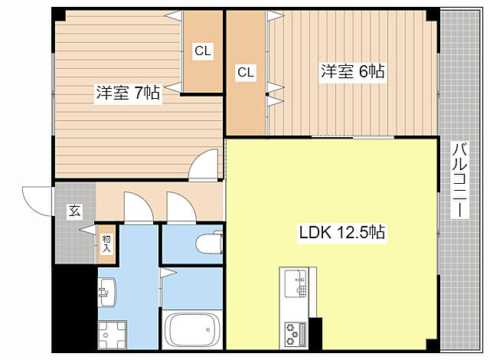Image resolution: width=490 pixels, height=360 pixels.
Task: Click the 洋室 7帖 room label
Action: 128,93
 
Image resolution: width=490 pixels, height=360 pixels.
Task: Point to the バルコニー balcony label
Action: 459,180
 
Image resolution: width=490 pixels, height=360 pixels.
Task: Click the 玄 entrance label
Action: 75,210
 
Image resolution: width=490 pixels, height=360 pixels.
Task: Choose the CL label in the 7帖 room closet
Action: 203,52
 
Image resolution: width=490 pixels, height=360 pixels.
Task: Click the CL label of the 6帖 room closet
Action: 245,73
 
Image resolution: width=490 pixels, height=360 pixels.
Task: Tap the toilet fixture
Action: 207,244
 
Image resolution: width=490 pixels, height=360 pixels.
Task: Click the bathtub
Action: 190,330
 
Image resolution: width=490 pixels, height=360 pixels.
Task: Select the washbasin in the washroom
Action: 107,290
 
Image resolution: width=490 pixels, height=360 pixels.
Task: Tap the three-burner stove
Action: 294,332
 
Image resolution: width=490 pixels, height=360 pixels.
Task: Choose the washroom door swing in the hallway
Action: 136,208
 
